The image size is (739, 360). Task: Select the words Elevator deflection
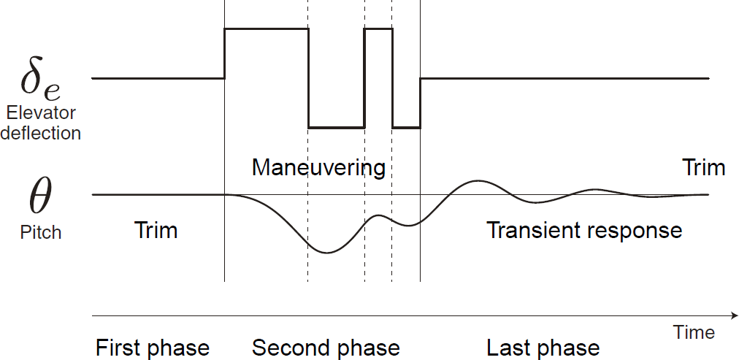[40, 123]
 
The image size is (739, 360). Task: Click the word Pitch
[40, 233]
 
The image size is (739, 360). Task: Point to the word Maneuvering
[318, 168]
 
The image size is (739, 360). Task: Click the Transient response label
[584, 231]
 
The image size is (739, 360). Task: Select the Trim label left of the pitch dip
[156, 231]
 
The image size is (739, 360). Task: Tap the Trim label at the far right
[703, 168]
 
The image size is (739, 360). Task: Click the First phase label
[153, 348]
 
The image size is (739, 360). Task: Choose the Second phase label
[326, 348]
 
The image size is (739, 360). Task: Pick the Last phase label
[543, 348]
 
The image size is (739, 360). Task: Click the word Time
[694, 333]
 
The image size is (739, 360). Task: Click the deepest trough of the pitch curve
[326, 253]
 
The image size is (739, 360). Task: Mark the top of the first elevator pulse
[266, 28]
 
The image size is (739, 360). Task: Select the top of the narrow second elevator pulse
[378, 28]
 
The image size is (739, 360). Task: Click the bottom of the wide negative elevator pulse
[336, 128]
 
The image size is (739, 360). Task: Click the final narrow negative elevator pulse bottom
[406, 128]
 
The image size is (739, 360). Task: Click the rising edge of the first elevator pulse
[224, 53]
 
